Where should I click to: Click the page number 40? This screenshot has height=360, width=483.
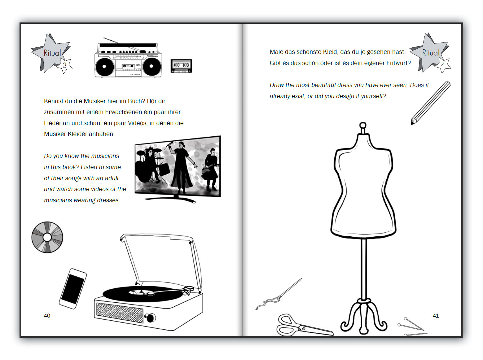click(x=47, y=316)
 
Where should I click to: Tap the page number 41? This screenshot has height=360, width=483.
click(x=436, y=316)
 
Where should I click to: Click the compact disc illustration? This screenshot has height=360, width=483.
click(x=47, y=237)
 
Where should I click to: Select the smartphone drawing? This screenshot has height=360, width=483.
click(x=73, y=289)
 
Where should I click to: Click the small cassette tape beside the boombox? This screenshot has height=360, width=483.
click(x=181, y=66)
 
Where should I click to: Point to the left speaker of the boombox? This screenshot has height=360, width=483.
click(x=104, y=66)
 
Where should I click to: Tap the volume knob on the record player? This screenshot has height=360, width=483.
click(x=151, y=318)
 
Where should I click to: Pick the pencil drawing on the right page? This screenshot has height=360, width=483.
click(x=430, y=103)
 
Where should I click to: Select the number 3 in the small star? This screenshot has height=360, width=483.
click(x=65, y=65)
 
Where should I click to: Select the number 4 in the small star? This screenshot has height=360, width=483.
click(x=443, y=65)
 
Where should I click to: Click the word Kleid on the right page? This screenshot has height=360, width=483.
click(x=330, y=52)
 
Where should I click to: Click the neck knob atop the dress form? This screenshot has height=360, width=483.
click(x=363, y=126)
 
